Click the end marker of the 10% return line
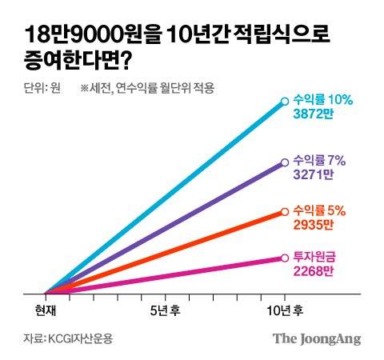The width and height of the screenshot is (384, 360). click(x=284, y=102)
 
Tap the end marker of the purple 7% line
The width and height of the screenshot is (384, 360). click(x=284, y=162)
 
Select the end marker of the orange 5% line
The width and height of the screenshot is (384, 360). click(x=284, y=212)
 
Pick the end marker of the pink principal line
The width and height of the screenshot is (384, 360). click(x=284, y=258)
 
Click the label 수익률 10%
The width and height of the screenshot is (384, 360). click(x=324, y=100)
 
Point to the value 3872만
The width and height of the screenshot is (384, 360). click(x=314, y=114)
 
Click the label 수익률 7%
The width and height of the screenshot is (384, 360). click(x=321, y=158)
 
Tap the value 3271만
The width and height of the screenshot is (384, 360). click(x=314, y=172)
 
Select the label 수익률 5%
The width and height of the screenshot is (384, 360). click(x=321, y=210)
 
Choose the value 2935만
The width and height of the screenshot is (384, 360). click(x=314, y=224)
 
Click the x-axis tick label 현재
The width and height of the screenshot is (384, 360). click(x=46, y=309)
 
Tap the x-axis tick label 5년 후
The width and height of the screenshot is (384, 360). click(x=165, y=309)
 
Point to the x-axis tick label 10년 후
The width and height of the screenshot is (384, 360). click(x=285, y=309)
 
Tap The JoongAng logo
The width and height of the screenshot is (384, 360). click(x=317, y=338)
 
